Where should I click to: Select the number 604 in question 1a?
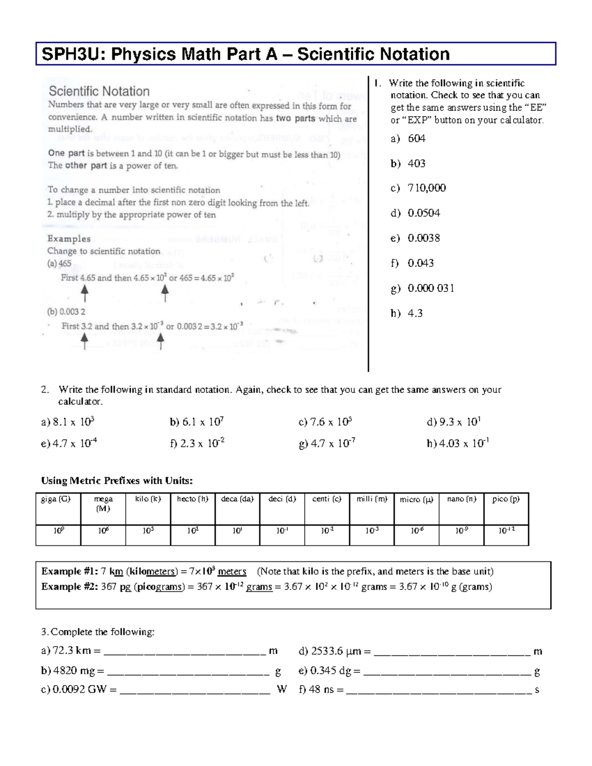[416, 139]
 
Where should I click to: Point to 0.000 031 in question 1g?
[431, 288]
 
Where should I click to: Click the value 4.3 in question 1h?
[415, 313]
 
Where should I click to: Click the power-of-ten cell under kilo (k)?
[148, 531]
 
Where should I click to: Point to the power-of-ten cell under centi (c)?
[327, 531]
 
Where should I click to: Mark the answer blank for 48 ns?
[439, 690]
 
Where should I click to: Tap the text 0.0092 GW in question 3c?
[79, 690]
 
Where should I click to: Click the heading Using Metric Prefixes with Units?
[116, 480]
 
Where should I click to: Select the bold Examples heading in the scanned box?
[69, 239]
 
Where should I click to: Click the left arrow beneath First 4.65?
[85, 293]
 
